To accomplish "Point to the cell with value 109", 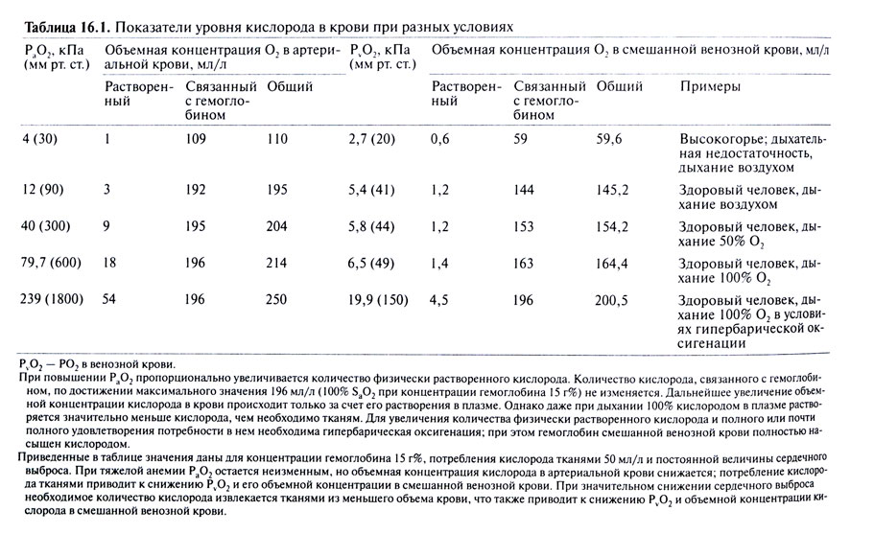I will [x=197, y=138].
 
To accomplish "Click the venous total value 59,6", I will [x=610, y=138].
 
